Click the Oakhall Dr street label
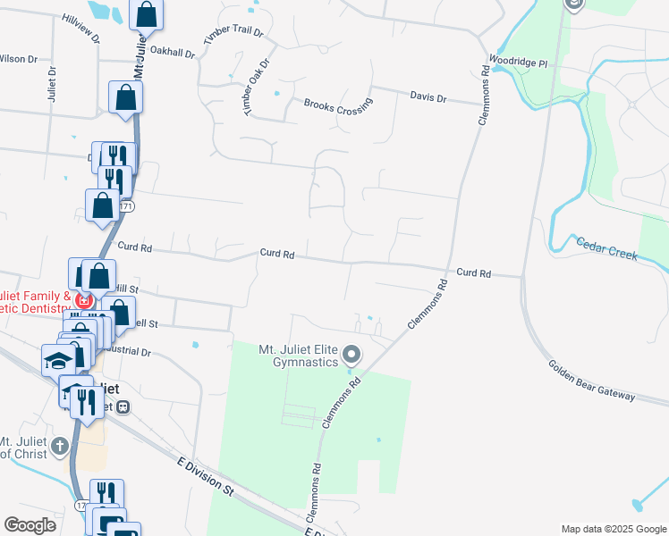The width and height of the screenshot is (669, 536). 173,52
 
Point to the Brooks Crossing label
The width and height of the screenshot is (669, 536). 338,105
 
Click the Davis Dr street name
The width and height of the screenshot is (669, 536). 428,96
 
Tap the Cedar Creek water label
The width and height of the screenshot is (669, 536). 606,248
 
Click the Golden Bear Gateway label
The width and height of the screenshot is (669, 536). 592,381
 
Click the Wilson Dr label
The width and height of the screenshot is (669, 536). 18,59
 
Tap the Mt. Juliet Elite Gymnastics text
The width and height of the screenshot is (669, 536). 298,356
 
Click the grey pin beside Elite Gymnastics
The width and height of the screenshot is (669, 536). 351,355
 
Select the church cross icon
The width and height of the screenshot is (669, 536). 59,446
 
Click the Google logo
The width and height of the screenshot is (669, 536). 30,525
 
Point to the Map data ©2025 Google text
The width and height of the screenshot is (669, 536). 613,529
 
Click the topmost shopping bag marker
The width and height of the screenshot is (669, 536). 147,15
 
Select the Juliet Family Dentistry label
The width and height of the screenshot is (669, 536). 36,302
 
